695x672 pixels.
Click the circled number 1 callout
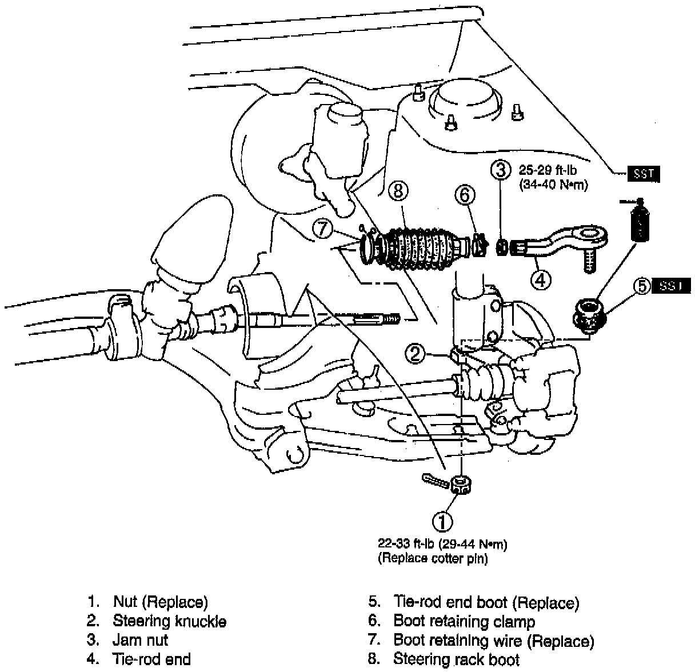coord(443,521)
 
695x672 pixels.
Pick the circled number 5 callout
coord(642,286)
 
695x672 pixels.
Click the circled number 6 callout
coord(465,195)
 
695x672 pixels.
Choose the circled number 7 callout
coord(322,230)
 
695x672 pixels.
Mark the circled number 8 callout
coord(399,191)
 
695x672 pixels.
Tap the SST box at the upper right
coord(643,174)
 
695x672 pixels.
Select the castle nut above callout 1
coord(461,485)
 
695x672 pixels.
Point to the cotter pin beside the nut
coord(435,481)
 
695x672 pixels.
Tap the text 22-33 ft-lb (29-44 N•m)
coord(442,545)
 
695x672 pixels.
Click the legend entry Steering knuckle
coord(169,621)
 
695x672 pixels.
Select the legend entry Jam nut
coord(140,640)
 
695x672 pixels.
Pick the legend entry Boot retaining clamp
coord(464,621)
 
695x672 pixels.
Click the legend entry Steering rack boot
coord(456,659)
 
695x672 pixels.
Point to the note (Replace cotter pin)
coord(433,558)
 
